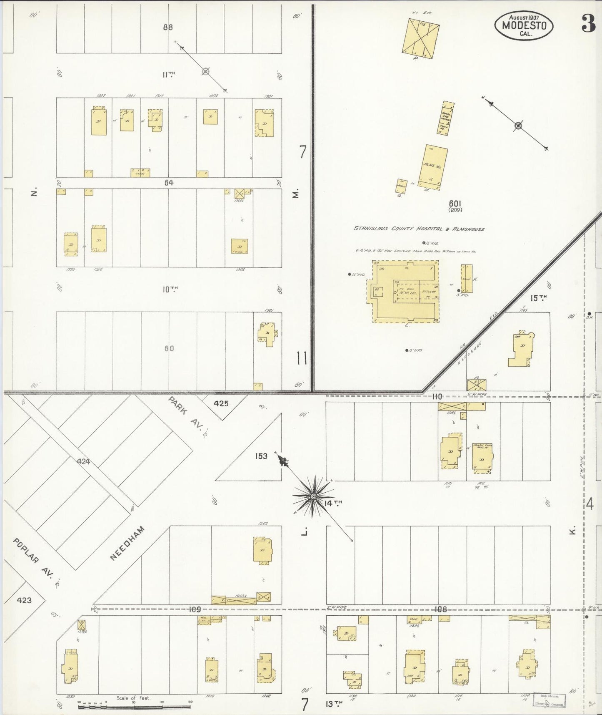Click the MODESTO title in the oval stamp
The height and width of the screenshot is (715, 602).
524,25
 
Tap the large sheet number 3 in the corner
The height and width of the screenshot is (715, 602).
588,25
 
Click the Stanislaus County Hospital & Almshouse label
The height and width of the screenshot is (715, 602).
419,229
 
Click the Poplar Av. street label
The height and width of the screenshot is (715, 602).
34,558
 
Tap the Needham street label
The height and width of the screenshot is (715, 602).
128,543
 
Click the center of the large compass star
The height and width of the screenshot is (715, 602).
313,496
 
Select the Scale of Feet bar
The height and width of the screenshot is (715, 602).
133,707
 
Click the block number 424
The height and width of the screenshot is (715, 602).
83,462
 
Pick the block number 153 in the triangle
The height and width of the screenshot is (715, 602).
261,456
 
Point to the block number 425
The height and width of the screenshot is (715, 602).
221,403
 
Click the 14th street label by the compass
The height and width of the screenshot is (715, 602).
333,504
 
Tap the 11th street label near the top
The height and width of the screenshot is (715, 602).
169,75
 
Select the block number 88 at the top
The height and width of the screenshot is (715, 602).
168,28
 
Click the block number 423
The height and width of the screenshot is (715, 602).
24,600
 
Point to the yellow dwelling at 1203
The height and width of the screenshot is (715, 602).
262,550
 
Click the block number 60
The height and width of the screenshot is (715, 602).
169,348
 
